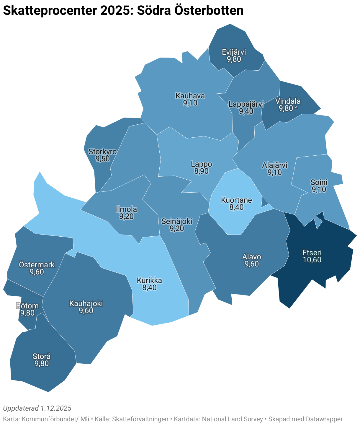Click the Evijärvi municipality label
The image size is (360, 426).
click(x=234, y=52)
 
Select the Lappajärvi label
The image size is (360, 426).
click(x=246, y=104)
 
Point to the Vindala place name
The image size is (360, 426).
click(x=288, y=101)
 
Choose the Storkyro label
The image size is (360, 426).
click(x=102, y=152)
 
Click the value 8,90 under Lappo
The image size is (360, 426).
click(x=201, y=171)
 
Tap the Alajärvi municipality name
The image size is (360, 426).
click(x=275, y=165)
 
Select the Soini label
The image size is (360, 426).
click(x=319, y=182)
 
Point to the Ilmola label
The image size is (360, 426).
click(x=126, y=209)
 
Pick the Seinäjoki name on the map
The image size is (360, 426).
click(x=177, y=221)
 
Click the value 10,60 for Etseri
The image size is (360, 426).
click(x=312, y=260)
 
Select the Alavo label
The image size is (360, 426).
click(x=251, y=257)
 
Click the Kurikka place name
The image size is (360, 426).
click(x=149, y=280)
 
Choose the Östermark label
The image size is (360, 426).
click(x=37, y=264)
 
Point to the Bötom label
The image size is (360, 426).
click(x=27, y=306)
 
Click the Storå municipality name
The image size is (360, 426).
click(x=42, y=357)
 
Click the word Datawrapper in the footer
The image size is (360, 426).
click(x=324, y=419)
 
